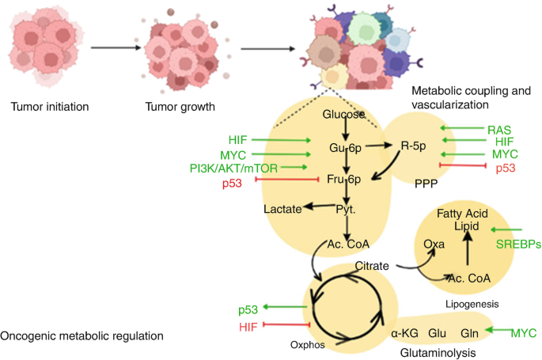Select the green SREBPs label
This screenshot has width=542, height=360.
tap(517, 244)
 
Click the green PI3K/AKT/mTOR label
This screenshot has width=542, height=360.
tap(239, 167)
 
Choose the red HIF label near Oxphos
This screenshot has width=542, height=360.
tap(249, 326)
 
